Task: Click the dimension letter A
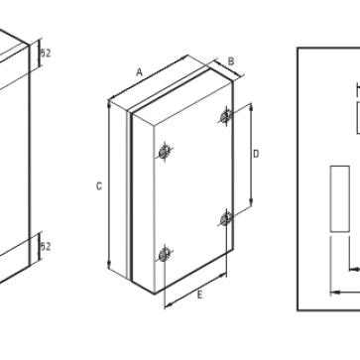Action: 140,71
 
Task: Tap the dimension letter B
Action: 231,60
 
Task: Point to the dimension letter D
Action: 256,154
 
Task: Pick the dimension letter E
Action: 199,295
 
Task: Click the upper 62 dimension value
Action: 46,52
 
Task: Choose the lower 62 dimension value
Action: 46,246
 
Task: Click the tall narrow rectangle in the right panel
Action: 339,198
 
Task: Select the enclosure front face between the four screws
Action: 195,188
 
